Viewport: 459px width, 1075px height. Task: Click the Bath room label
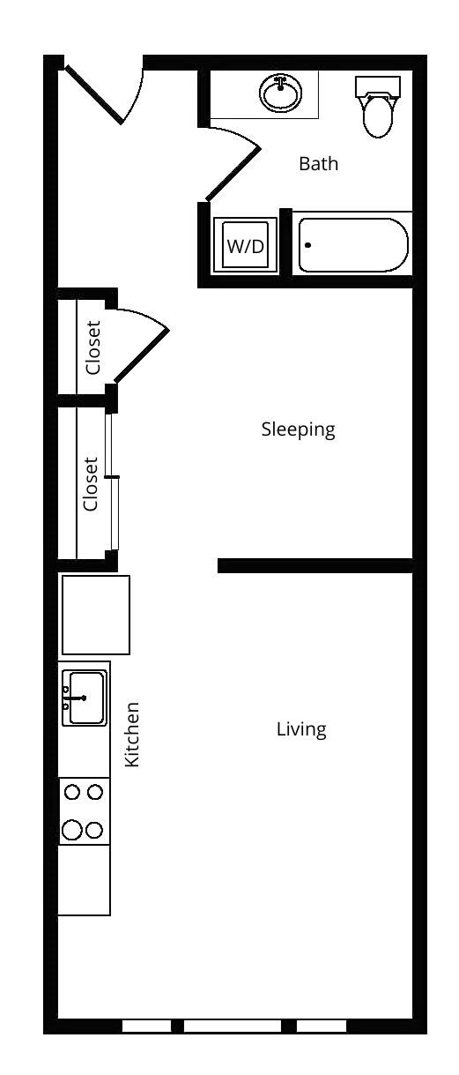click(x=318, y=164)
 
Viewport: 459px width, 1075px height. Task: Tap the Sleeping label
click(x=298, y=429)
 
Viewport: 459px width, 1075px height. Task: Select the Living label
click(x=301, y=729)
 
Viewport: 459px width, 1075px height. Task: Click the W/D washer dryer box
click(x=245, y=245)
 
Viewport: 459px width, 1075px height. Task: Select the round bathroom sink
click(x=281, y=93)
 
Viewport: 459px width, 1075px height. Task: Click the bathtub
click(x=353, y=244)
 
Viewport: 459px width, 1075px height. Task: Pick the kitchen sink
click(x=85, y=698)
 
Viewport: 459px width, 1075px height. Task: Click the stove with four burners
click(x=84, y=811)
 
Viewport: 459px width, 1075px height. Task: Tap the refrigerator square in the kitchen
click(x=94, y=614)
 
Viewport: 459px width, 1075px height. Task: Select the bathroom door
click(x=233, y=172)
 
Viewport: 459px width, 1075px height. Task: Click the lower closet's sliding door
click(x=112, y=481)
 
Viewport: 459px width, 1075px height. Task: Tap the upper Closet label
click(x=93, y=347)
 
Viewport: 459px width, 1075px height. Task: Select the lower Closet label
click(x=91, y=483)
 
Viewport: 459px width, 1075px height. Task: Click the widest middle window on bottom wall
click(x=232, y=1026)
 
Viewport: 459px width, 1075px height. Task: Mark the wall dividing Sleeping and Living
click(x=315, y=565)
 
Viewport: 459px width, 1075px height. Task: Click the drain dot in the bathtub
click(x=307, y=245)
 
